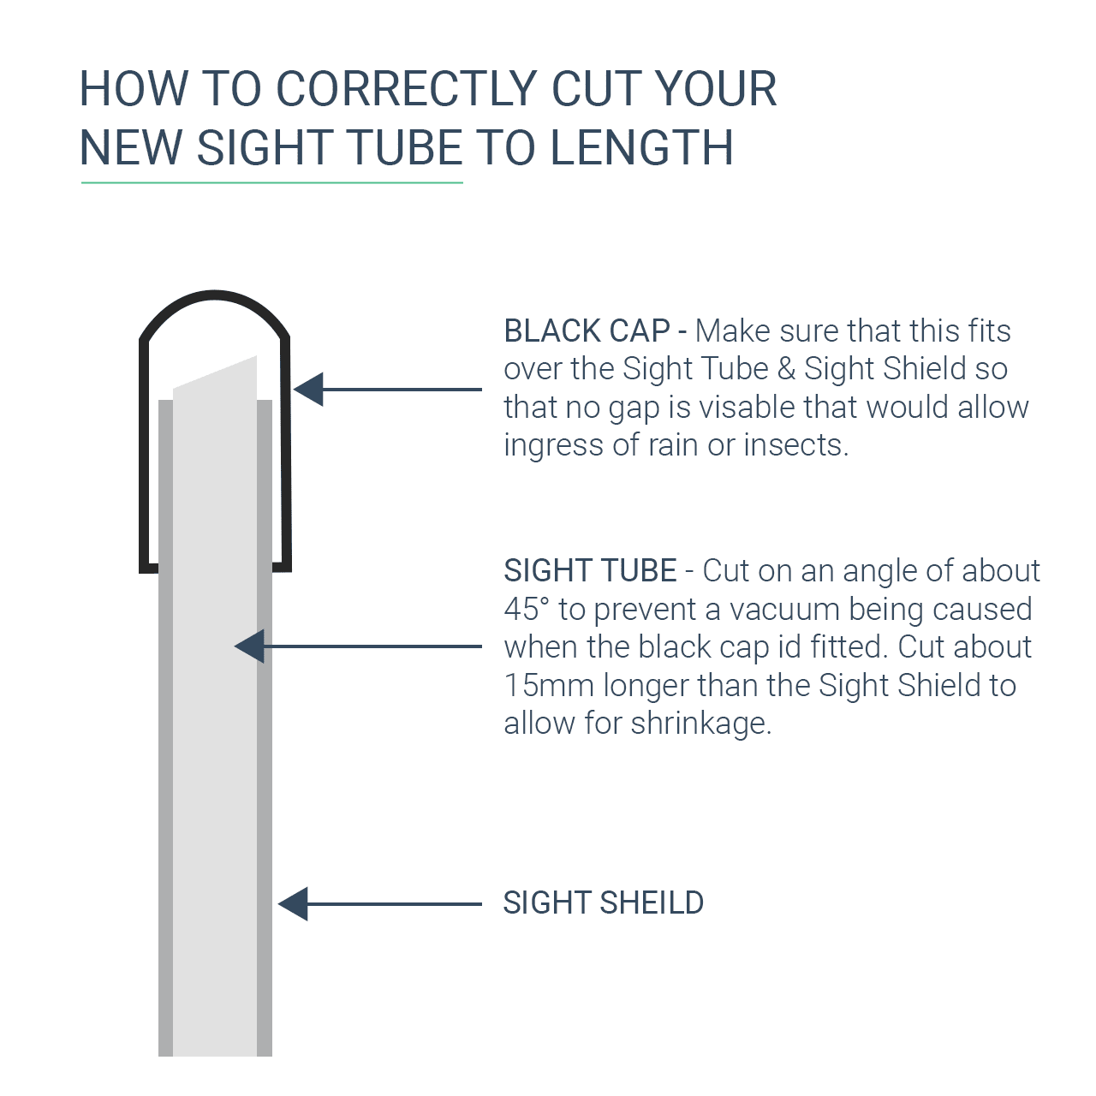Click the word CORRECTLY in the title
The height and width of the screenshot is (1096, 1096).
(407, 89)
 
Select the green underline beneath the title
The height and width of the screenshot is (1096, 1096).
(271, 182)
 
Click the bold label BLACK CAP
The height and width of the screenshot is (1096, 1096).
(587, 331)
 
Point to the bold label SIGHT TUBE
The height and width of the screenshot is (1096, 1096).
(590, 570)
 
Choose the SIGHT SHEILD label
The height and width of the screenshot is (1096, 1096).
(603, 902)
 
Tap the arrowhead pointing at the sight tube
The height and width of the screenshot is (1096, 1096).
(250, 646)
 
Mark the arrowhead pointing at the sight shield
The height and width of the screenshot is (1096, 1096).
(294, 904)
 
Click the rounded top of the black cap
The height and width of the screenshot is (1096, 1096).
(215, 297)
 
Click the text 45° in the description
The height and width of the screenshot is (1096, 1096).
(526, 609)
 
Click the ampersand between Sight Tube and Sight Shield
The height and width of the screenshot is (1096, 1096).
(786, 369)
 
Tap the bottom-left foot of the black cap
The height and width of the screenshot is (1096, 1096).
(149, 566)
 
